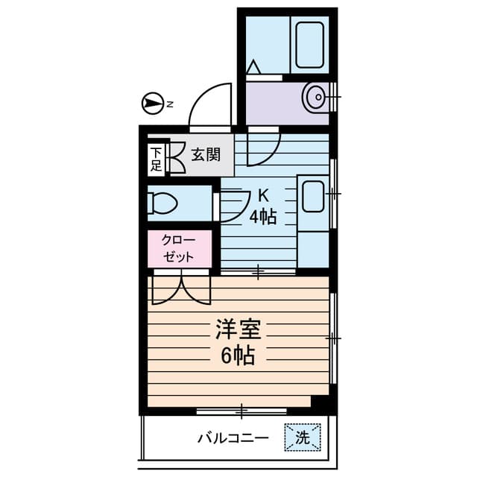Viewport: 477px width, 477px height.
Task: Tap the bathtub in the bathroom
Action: point(309,44)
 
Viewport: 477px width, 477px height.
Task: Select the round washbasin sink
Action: point(315,96)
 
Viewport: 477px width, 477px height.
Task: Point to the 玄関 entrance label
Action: point(205,155)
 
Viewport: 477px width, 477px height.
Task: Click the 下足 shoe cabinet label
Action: point(156,159)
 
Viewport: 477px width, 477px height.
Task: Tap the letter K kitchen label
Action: point(263,197)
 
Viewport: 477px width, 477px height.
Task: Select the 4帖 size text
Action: point(263,217)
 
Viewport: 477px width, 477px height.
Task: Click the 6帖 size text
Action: point(237,356)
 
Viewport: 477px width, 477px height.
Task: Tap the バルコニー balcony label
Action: point(232,437)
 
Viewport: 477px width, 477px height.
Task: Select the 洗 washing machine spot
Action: point(302,437)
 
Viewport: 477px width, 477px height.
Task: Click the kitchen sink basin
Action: point(312,198)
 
